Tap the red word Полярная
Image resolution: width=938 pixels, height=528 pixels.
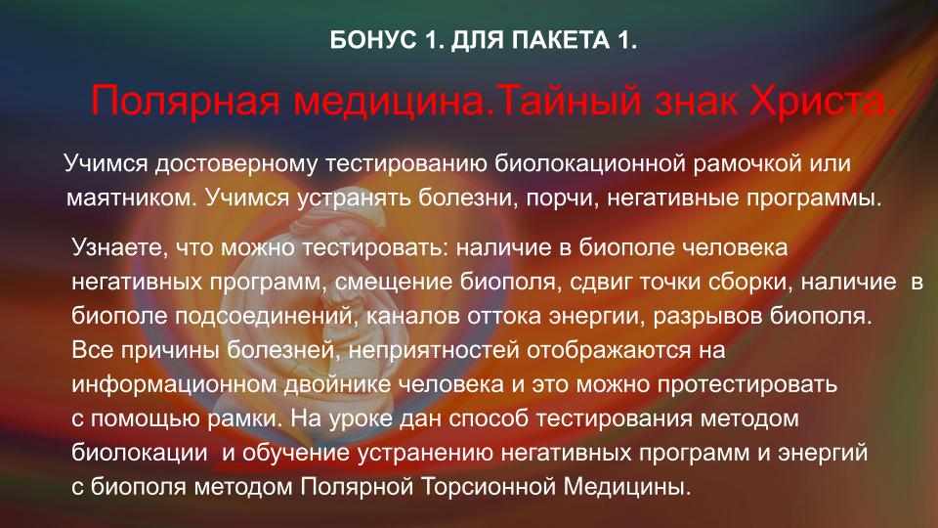tap(186, 101)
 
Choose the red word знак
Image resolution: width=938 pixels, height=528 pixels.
tap(697, 101)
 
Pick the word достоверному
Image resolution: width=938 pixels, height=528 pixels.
tap(236, 163)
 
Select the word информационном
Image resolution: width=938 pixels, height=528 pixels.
tap(174, 383)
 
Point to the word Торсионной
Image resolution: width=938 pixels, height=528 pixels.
tap(489, 486)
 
